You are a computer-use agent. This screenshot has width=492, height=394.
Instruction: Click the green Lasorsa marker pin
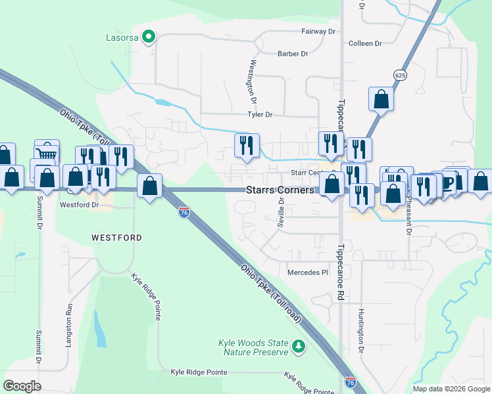(149, 37)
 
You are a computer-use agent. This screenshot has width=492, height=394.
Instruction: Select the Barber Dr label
(293, 54)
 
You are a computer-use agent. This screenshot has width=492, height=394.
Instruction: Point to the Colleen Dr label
(365, 43)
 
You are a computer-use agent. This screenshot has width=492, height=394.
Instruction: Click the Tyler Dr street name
(259, 114)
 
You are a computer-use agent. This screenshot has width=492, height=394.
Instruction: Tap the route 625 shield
(399, 76)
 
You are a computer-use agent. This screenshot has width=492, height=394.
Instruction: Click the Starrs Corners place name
(280, 189)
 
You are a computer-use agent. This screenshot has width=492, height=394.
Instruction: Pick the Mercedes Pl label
(307, 272)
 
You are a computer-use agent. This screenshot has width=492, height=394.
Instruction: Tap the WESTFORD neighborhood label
(116, 236)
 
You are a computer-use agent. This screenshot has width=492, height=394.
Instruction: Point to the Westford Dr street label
(79, 204)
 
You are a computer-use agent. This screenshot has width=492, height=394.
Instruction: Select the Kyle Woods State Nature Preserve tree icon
(299, 345)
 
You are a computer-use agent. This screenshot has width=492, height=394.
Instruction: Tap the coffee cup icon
(447, 182)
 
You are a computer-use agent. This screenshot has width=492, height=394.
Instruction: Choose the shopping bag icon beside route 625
(381, 99)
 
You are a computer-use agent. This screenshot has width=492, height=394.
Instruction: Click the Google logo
(22, 386)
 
